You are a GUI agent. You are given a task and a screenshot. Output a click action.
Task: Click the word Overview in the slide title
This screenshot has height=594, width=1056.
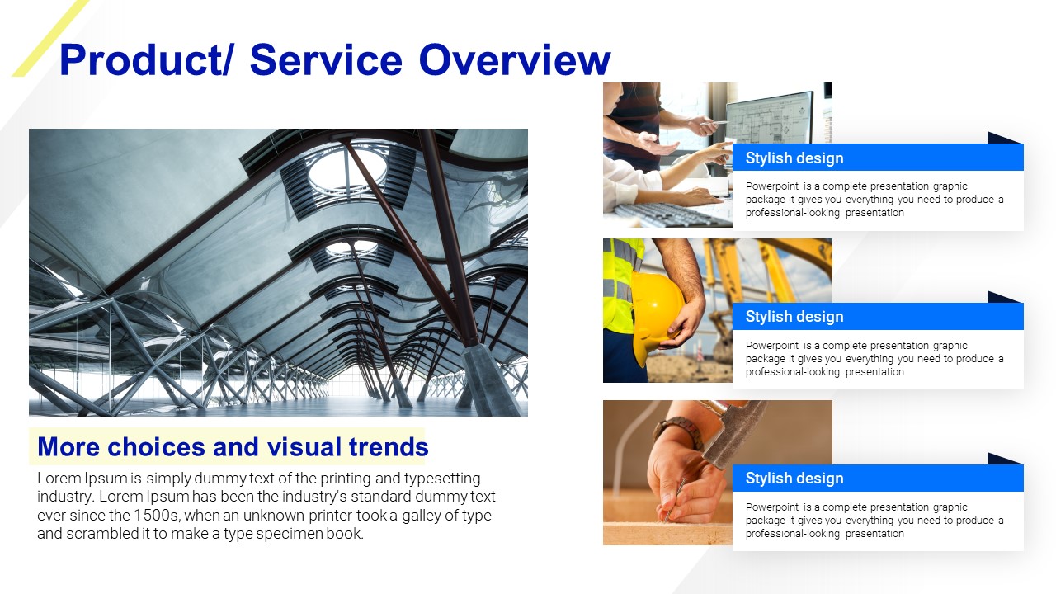pos(514,60)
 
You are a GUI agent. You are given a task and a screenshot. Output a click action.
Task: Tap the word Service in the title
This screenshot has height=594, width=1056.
pos(326,60)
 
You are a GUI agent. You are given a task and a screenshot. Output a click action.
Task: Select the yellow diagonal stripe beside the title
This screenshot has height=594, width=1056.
pos(50,38)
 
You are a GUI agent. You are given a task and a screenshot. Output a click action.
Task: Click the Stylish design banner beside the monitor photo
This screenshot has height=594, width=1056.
pos(878,158)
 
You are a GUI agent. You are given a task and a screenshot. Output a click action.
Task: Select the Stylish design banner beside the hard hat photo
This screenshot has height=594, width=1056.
pos(878,316)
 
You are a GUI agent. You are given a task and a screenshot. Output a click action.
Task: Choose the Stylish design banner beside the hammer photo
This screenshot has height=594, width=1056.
pos(878,478)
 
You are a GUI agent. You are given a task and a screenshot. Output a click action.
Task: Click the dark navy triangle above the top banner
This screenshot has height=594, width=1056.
pos(998,139)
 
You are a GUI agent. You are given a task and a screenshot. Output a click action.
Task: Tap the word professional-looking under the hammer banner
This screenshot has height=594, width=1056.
pos(793,534)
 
